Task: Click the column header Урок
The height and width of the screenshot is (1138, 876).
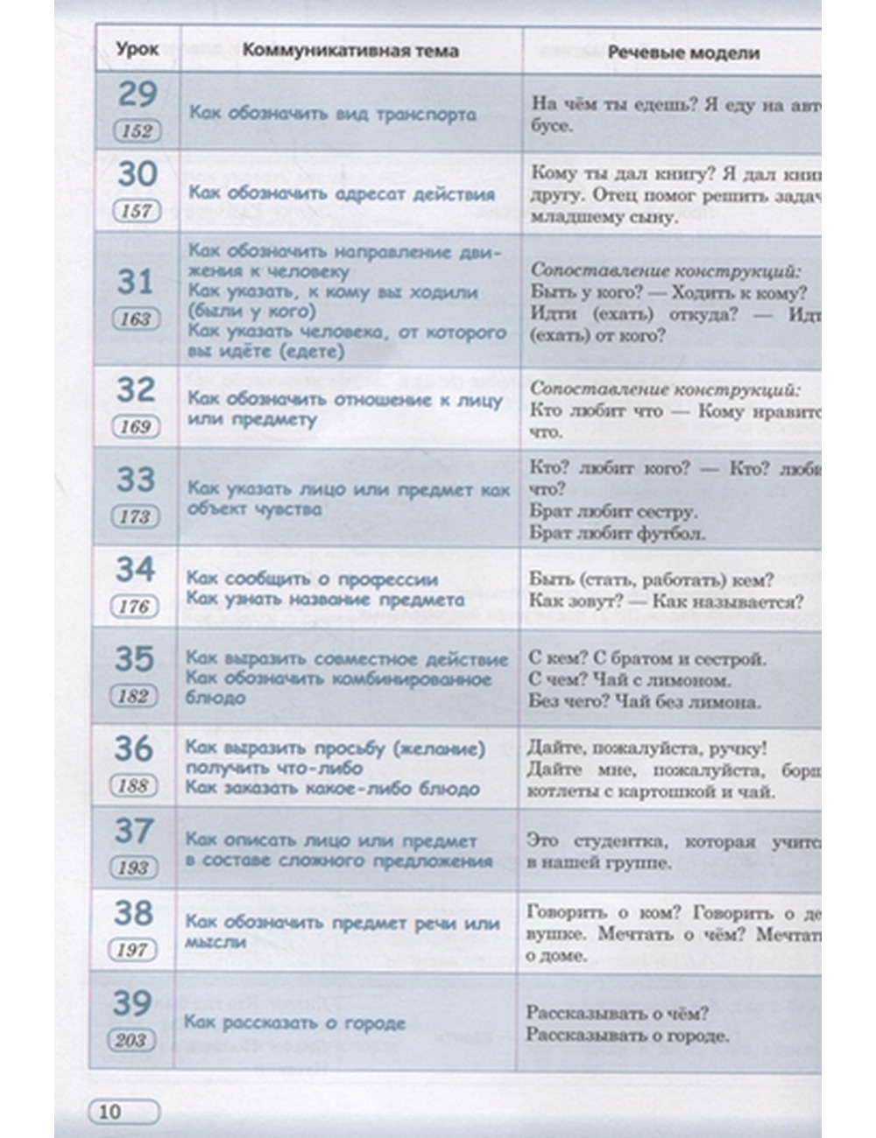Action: click(138, 49)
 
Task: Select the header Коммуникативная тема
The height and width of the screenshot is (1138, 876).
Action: click(350, 50)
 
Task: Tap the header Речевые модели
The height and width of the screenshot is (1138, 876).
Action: click(683, 53)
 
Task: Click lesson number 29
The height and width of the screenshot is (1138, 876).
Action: click(138, 95)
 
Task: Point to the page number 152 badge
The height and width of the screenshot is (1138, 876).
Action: click(137, 131)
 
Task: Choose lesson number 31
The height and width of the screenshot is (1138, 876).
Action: click(136, 282)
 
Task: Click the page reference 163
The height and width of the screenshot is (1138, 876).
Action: click(136, 319)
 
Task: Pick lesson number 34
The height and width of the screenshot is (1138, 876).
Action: click(135, 569)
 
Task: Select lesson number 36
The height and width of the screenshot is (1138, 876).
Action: click(134, 748)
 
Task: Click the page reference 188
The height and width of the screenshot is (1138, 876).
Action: click(133, 785)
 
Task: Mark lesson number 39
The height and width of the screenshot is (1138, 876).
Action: click(132, 1003)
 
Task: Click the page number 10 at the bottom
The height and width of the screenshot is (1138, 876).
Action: click(109, 1112)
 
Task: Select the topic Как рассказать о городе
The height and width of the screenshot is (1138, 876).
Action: click(294, 1022)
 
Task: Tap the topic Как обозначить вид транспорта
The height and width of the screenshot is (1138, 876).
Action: click(333, 114)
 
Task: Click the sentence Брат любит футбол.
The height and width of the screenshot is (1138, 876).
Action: click(617, 532)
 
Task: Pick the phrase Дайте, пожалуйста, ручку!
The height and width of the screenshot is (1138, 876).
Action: click(647, 748)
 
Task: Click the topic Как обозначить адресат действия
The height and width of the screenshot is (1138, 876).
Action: click(342, 193)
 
